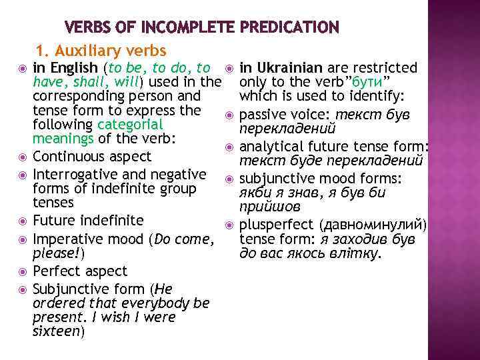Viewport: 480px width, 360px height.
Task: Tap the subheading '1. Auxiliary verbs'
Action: pos(101,51)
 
